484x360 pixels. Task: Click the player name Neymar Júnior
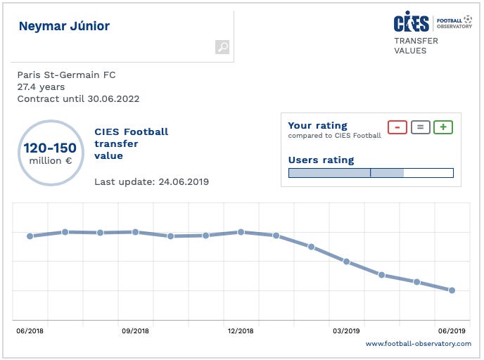click(x=64, y=27)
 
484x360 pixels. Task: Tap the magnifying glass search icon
click(x=222, y=47)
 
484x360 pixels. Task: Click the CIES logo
click(x=411, y=22)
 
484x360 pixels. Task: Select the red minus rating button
click(x=397, y=127)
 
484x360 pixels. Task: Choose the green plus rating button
click(x=443, y=127)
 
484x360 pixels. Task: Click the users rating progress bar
click(x=371, y=173)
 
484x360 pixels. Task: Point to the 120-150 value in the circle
click(x=50, y=148)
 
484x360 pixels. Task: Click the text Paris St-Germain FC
click(x=66, y=75)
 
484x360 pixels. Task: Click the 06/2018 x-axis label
click(x=30, y=330)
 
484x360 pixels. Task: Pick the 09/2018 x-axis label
click(x=135, y=330)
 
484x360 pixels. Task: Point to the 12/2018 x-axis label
click(x=241, y=330)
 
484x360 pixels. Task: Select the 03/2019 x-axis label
click(x=346, y=330)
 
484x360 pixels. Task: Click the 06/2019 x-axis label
click(x=452, y=330)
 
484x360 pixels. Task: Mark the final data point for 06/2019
click(x=452, y=290)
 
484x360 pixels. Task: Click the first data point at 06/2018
click(x=30, y=236)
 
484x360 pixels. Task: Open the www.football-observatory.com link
click(x=418, y=344)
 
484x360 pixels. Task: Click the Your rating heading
click(x=318, y=127)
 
